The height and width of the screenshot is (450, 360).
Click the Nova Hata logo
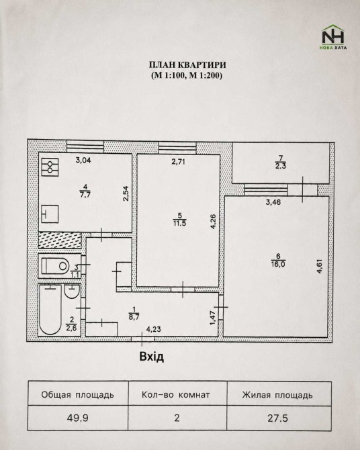click(333, 37)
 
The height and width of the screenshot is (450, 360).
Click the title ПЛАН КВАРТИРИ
click(187, 65)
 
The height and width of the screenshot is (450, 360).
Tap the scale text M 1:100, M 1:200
click(187, 75)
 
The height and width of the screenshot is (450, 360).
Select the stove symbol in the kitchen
click(50, 167)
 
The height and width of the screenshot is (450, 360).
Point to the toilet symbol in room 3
click(55, 266)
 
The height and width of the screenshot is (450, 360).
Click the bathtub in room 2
click(50, 310)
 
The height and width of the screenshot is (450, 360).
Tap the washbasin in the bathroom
click(71, 291)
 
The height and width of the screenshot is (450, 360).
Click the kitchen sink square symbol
click(50, 214)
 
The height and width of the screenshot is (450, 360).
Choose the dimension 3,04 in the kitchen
click(83, 160)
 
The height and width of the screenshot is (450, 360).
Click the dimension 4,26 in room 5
click(213, 222)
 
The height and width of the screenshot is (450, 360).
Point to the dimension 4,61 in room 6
click(320, 267)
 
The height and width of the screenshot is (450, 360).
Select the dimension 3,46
click(273, 202)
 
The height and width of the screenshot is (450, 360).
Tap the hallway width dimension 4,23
click(154, 330)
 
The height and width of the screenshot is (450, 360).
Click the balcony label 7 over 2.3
click(281, 162)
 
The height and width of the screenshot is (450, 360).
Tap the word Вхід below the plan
click(152, 357)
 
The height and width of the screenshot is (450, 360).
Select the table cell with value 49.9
click(78, 418)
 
